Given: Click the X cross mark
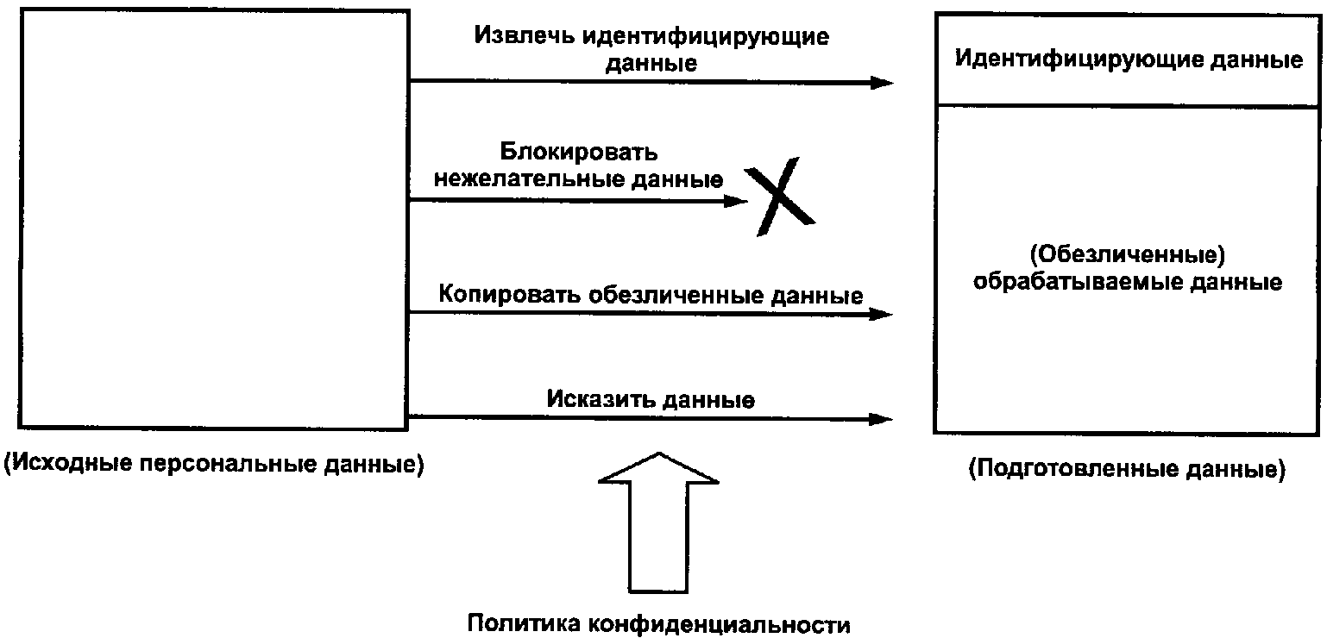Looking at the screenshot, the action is [780, 197].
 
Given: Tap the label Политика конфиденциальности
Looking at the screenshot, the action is [659, 624].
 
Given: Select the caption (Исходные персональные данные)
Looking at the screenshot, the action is [214, 463].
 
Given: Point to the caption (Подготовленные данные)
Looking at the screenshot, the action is [1128, 468].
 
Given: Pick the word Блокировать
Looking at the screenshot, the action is [579, 152].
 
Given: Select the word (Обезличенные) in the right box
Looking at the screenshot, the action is [1128, 254].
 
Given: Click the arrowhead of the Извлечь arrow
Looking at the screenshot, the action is [882, 82].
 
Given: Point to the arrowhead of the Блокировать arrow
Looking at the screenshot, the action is [736, 201].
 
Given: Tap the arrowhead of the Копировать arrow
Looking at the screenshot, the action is [881, 314].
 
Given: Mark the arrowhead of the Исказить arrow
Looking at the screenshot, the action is [881, 419].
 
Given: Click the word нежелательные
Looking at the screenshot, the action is [528, 178].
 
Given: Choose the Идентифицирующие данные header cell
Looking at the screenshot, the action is [1128, 59].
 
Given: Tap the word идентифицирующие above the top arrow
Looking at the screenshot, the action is [706, 37].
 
